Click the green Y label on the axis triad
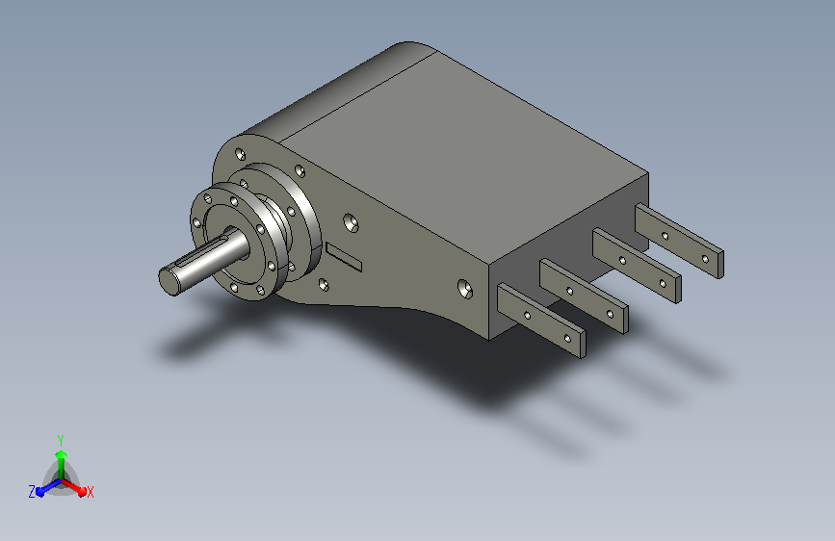[x=61, y=441]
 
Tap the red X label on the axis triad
[x=90, y=492]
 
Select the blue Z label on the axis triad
[x=32, y=492]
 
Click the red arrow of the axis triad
[x=74, y=487]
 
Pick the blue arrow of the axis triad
[x=49, y=487]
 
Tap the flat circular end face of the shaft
[x=169, y=282]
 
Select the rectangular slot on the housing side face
[x=344, y=257]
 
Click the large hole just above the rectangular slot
[x=351, y=223]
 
